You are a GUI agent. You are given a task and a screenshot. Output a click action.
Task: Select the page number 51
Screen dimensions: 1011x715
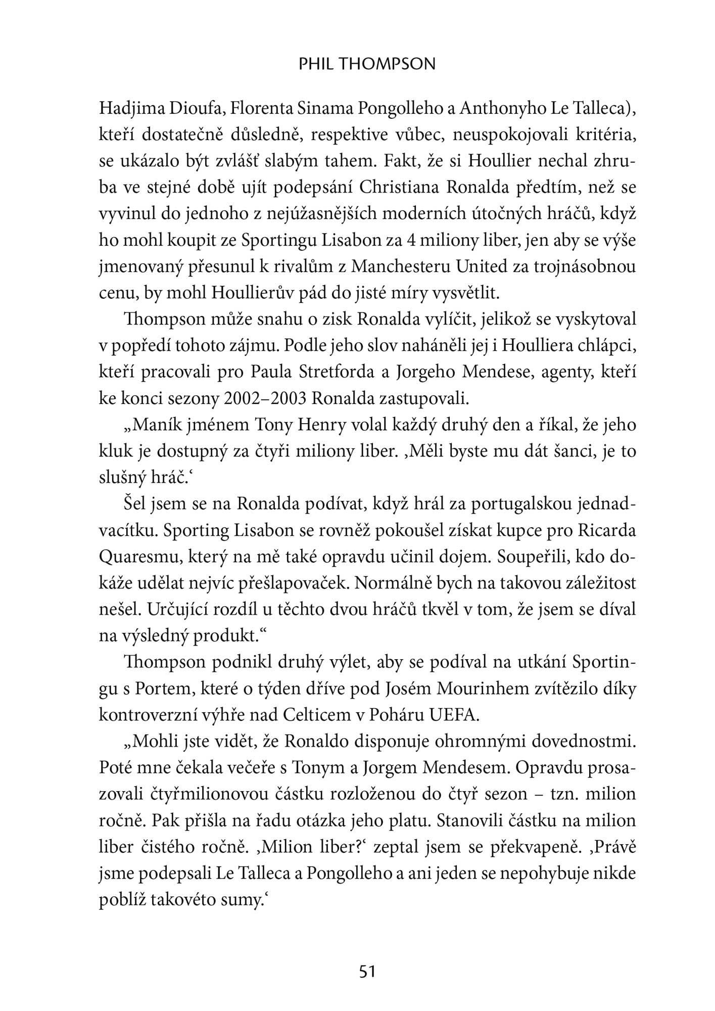[x=367, y=972]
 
